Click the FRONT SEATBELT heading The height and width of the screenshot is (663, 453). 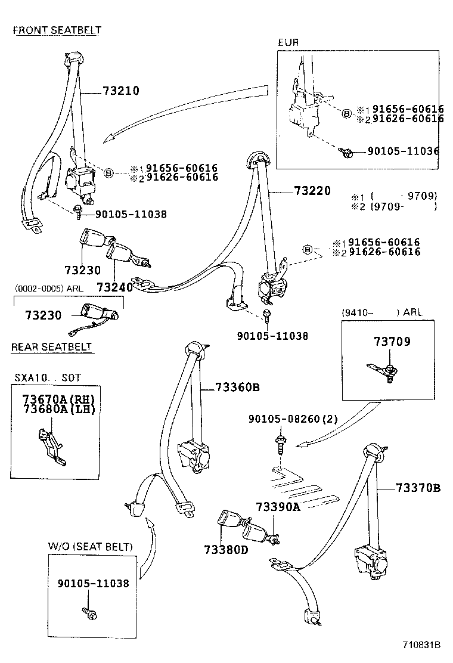tap(57, 30)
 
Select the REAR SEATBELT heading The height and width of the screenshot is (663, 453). tap(51, 346)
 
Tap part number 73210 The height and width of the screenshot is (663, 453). tap(121, 91)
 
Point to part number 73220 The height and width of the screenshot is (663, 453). tap(312, 191)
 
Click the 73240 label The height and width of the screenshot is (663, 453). tap(114, 287)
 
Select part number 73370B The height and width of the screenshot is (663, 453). tap(418, 488)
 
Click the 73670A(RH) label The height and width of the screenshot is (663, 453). tap(58, 399)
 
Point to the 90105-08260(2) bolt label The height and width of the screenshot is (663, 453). tap(293, 419)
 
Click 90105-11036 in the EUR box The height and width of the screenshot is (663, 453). tap(403, 151)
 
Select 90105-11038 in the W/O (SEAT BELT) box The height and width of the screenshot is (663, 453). tap(93, 583)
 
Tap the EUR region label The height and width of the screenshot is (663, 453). tap(288, 42)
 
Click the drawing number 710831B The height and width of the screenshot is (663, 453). tap(420, 645)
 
